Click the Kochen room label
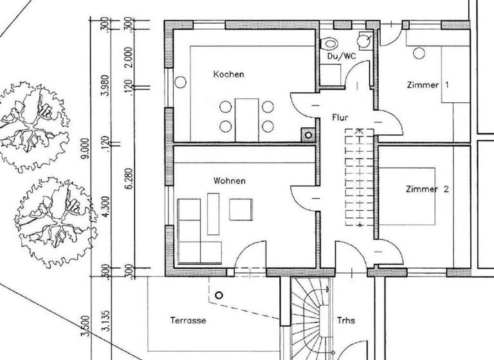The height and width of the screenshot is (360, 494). point(228,75)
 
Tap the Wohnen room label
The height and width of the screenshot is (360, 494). point(229,181)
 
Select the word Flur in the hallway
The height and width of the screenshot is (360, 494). point(340,118)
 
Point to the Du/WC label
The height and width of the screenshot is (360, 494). point(341,57)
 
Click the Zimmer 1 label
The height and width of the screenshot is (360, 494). point(427,85)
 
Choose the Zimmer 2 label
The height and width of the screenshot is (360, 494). point(427,189)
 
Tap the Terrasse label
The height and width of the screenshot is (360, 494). point(187,319)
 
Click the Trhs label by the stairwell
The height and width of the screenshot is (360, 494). point(345,319)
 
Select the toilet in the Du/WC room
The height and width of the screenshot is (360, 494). point(330,44)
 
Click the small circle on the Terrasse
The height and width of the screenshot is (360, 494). point(219,295)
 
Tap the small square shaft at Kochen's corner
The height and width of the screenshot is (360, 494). point(309,135)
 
